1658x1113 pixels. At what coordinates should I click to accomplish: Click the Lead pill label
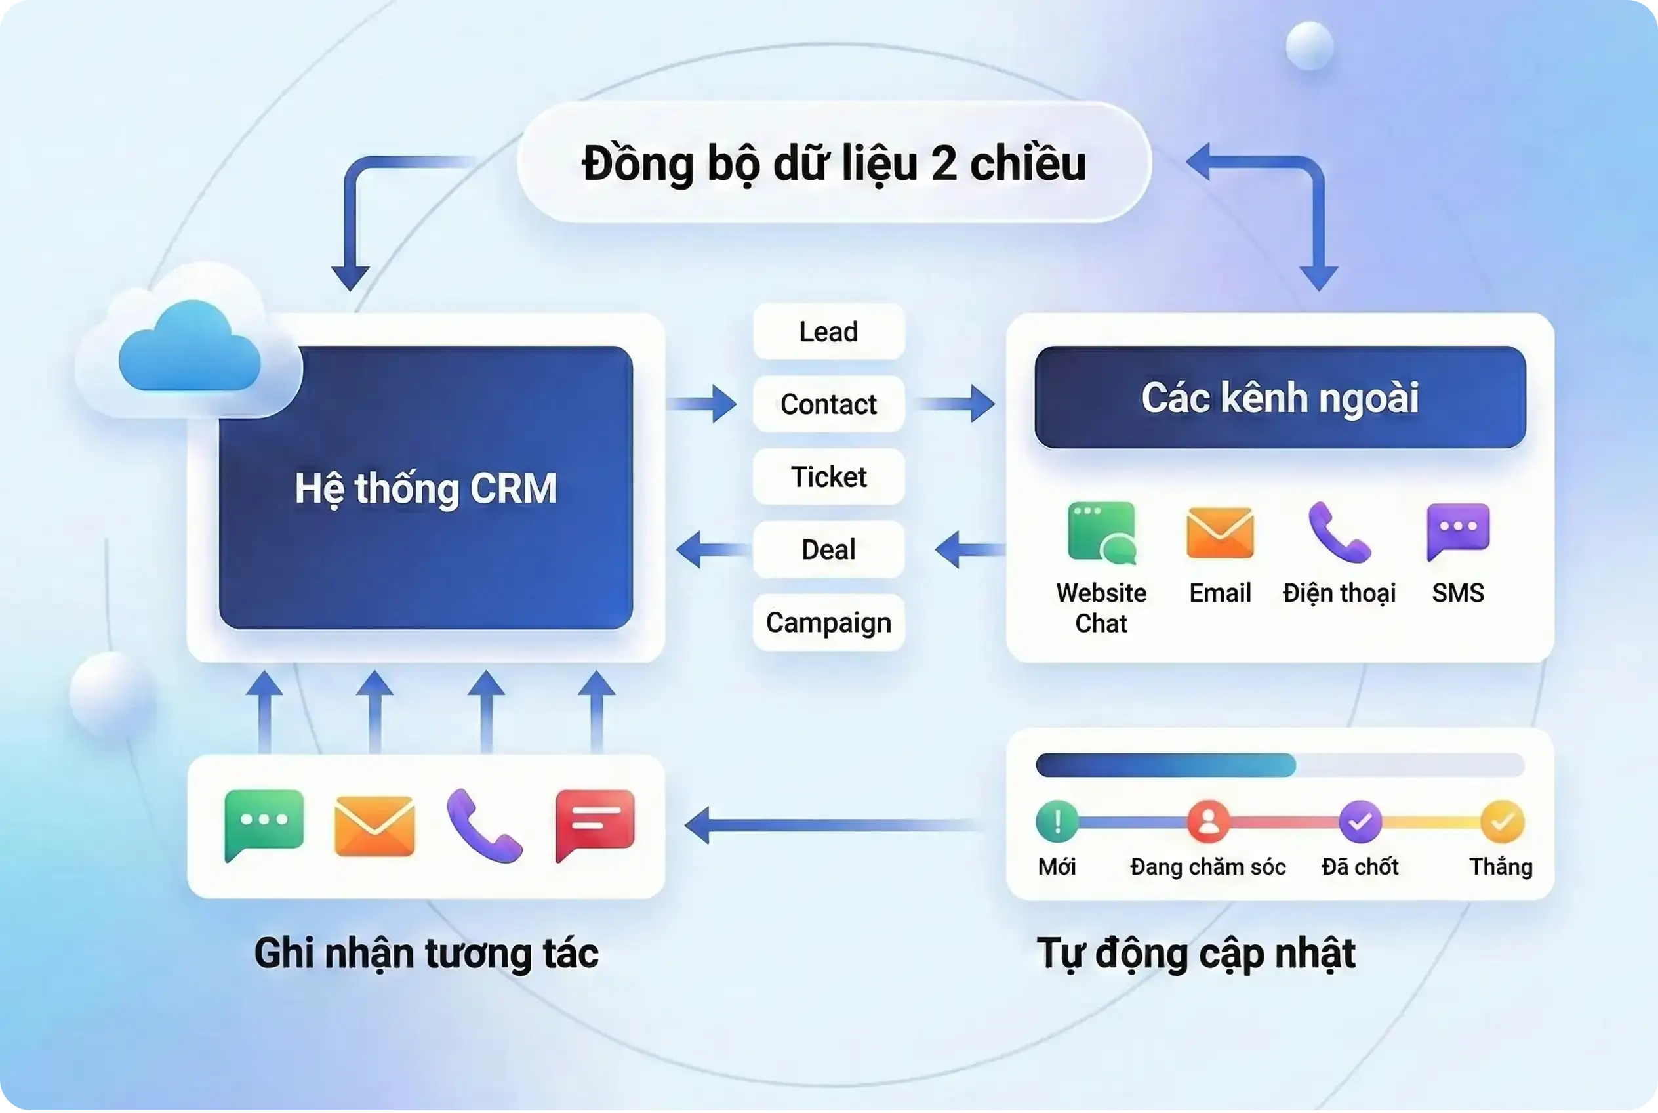pyautogui.click(x=828, y=331)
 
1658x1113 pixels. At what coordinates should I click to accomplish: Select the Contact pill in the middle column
pyautogui.click(x=828, y=404)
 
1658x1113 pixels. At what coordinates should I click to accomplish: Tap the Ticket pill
pyautogui.click(x=828, y=476)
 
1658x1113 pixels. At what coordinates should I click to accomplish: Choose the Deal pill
pyautogui.click(x=828, y=549)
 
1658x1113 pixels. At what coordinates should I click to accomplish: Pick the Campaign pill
pyautogui.click(x=828, y=623)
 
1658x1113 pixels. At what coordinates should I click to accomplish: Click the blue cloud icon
pyautogui.click(x=190, y=347)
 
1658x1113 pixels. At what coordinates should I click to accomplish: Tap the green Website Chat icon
pyautogui.click(x=1102, y=533)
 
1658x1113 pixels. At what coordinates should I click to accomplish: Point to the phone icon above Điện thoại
pyautogui.click(x=1339, y=532)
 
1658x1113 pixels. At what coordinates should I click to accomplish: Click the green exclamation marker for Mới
pyautogui.click(x=1057, y=821)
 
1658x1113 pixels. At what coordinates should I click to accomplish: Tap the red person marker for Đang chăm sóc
pyautogui.click(x=1208, y=821)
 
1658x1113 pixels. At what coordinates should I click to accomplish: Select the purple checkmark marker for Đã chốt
pyautogui.click(x=1360, y=821)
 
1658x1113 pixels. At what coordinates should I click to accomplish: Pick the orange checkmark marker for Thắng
pyautogui.click(x=1503, y=821)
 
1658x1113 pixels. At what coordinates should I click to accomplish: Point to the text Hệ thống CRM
pyautogui.click(x=426, y=489)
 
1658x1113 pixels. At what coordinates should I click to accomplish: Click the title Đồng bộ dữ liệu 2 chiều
pyautogui.click(x=834, y=164)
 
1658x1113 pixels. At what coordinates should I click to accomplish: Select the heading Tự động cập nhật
pyautogui.click(x=1196, y=954)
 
